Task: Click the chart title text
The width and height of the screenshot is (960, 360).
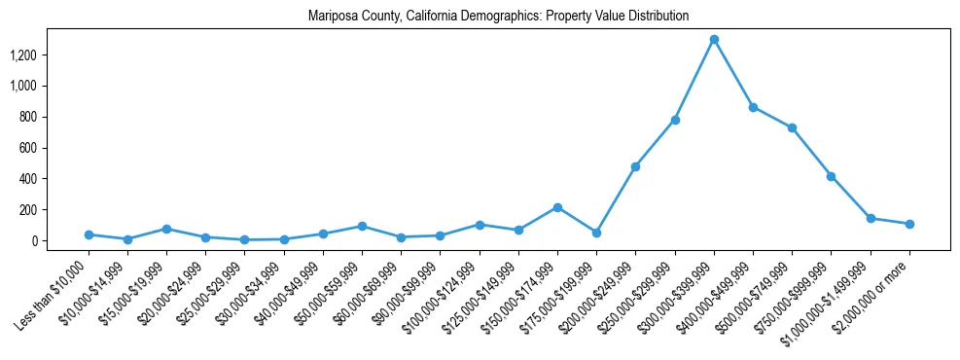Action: pos(498,17)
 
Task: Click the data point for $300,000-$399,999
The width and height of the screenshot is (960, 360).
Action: pos(714,39)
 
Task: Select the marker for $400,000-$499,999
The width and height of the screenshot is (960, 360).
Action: pos(753,107)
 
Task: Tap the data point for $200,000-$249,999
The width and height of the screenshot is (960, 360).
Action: pos(635,166)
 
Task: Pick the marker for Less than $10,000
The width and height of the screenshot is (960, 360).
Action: pos(89,234)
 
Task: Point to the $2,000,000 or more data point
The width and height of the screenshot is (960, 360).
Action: pos(909,224)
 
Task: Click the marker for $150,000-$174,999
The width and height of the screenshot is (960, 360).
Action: pos(557,207)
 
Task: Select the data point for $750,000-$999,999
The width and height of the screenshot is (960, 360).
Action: pos(832,176)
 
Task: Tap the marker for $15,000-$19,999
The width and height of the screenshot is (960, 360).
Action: pos(166,229)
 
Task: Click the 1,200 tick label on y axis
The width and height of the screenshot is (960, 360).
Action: pos(22,54)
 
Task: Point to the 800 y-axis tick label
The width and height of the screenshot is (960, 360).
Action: pos(27,117)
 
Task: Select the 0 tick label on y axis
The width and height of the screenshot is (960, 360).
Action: pos(33,240)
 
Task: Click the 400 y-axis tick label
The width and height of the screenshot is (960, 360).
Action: pos(27,179)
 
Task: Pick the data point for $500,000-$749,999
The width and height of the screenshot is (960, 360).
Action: pos(792,127)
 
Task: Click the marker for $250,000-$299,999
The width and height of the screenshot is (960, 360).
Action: pos(675,120)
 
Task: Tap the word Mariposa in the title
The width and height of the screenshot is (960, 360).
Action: pos(331,17)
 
